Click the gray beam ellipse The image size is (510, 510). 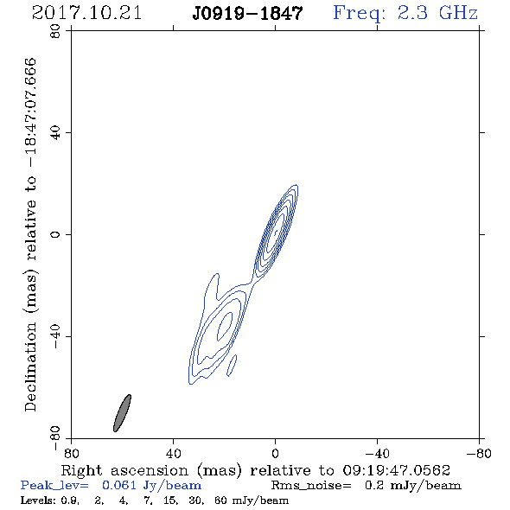122,413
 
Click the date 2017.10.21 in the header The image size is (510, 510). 86,13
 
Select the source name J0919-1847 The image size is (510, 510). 247,14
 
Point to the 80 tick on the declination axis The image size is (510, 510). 55,31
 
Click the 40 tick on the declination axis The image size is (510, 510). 55,133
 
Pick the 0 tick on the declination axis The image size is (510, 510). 55,234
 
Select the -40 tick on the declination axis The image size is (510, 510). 55,336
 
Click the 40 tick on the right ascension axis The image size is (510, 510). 173,453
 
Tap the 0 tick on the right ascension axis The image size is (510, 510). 275,453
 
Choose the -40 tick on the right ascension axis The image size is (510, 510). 377,453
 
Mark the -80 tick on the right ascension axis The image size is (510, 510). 479,453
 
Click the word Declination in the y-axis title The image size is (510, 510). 30,367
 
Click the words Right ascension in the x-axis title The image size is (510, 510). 124,470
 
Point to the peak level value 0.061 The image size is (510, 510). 119,485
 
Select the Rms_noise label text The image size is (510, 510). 311,486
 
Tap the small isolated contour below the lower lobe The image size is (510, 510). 232,366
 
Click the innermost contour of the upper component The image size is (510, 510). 276,232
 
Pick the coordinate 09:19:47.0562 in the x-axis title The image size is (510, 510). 397,470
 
